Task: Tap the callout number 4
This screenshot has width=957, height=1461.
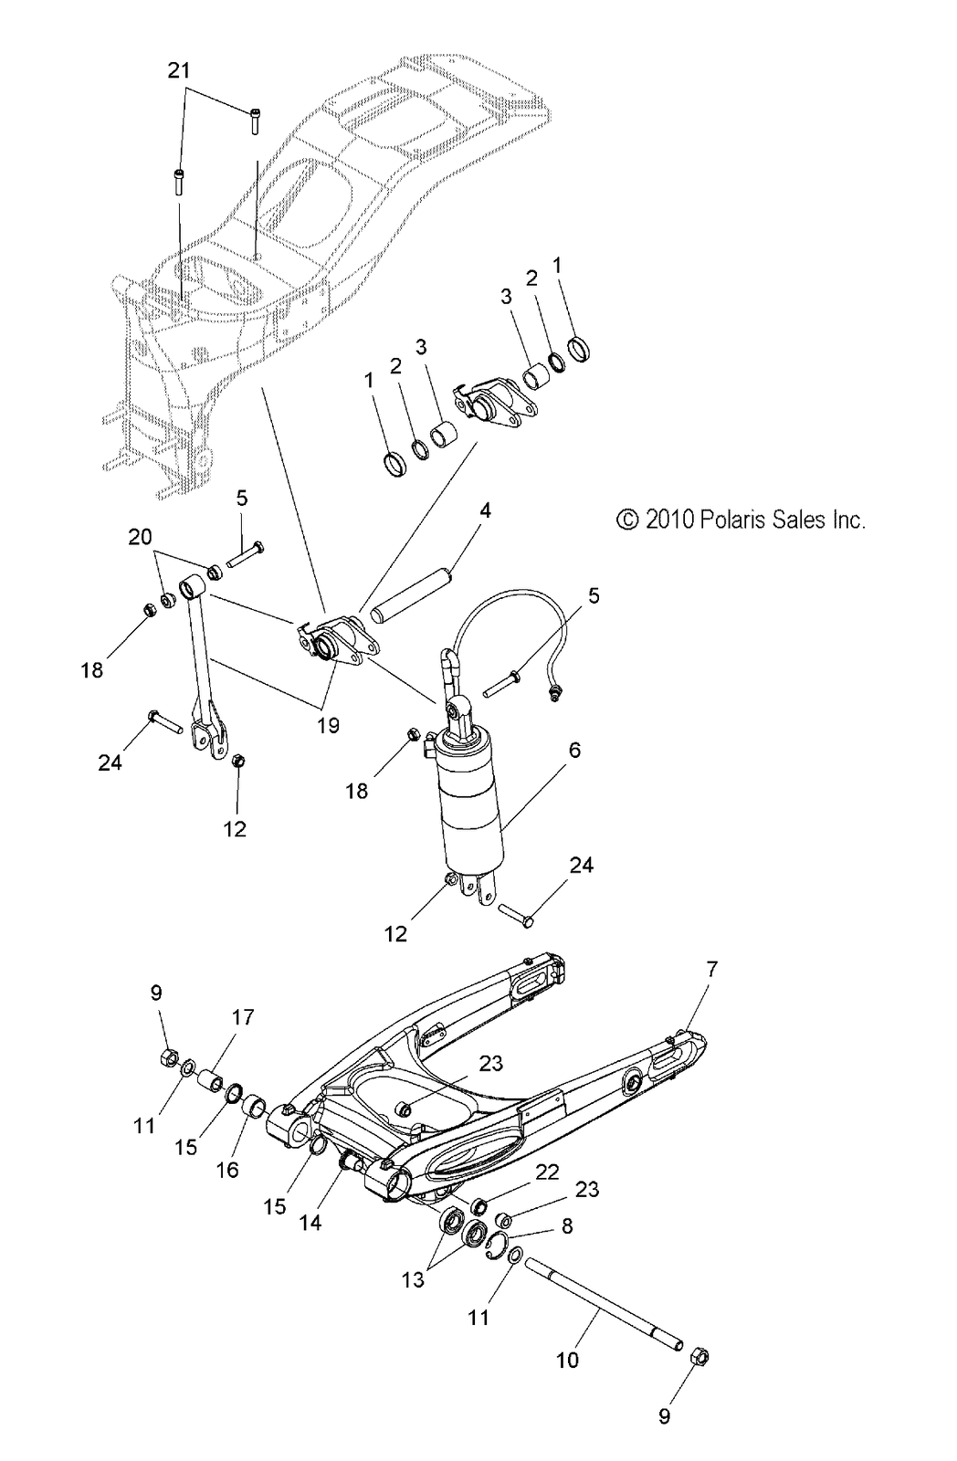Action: coord(485,510)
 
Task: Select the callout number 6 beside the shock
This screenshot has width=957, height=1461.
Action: coord(574,750)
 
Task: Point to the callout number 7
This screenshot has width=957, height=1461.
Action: coord(711,970)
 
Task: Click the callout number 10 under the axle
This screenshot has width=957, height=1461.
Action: coord(567,1360)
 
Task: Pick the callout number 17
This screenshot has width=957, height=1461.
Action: coord(243,1017)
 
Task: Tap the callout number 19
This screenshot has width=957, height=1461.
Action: coord(328,726)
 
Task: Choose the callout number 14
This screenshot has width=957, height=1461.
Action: coord(310,1222)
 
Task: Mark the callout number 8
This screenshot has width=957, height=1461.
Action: coord(567,1226)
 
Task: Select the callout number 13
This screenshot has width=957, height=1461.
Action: coord(413,1280)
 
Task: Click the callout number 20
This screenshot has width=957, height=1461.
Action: coord(140,537)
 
